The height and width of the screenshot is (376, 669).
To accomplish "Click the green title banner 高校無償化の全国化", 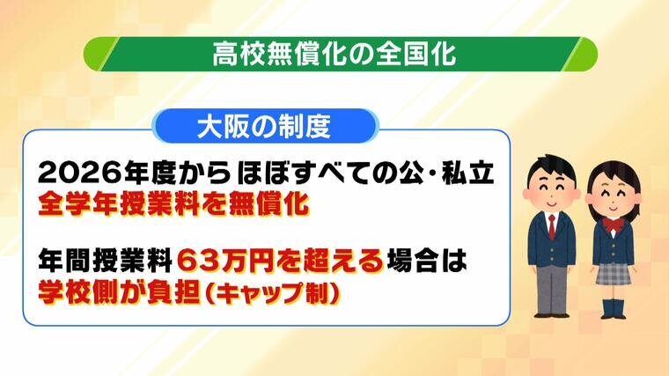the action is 340,55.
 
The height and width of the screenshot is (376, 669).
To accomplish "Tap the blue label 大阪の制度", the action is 265,126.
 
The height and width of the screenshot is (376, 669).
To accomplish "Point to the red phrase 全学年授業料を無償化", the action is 173,203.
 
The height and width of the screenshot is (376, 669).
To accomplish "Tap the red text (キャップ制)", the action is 273,292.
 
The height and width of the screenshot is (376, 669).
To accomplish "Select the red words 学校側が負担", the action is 120,292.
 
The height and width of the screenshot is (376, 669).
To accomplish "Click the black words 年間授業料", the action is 105,261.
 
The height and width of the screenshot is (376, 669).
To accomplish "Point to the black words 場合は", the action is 427,261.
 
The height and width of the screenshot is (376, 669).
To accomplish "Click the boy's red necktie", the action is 552,227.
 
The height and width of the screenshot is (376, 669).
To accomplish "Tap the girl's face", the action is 614,196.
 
